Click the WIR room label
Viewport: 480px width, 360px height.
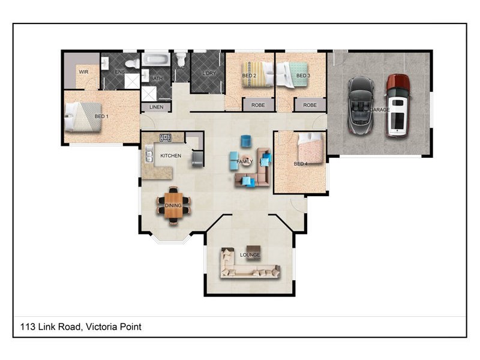tap(83, 71)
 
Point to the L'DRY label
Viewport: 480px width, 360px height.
tap(208, 73)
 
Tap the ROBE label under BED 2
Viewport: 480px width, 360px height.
tap(258, 105)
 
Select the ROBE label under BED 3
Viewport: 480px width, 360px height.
tap(310, 105)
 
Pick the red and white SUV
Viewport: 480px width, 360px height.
tap(397, 105)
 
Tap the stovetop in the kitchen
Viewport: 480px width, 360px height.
tap(166, 139)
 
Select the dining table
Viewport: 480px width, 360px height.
tap(173, 206)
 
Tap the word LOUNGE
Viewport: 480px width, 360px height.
tap(250, 255)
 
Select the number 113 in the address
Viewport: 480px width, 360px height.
tap(28, 327)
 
